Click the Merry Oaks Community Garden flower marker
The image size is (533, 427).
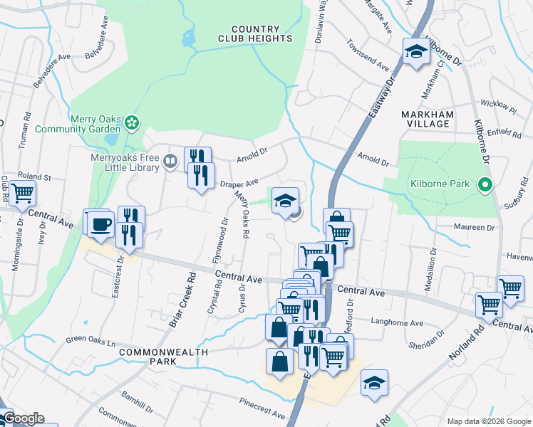[132, 124]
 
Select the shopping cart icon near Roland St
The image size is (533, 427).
[22, 191]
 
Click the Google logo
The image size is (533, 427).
[23, 418]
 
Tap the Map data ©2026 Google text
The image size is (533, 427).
[488, 421]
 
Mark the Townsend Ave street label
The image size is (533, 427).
[368, 60]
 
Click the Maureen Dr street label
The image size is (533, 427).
[475, 228]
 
